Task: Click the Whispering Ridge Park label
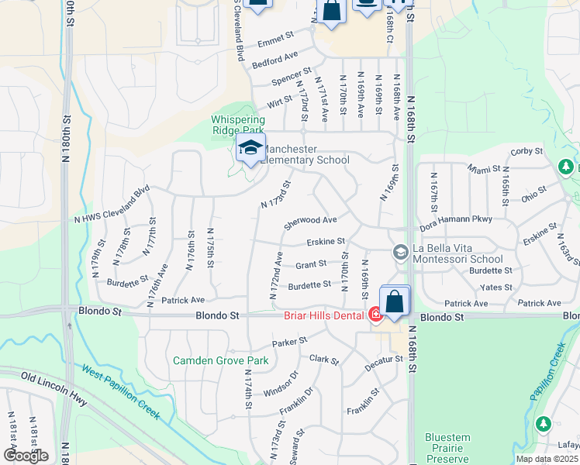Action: pos(239,126)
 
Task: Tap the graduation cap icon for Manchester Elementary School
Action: pos(250,149)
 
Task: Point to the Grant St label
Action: pos(311,265)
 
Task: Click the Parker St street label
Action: pos(289,341)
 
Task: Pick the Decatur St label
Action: pos(386,360)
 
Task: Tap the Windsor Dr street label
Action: pos(281,381)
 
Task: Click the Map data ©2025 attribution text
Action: pos(547,459)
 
